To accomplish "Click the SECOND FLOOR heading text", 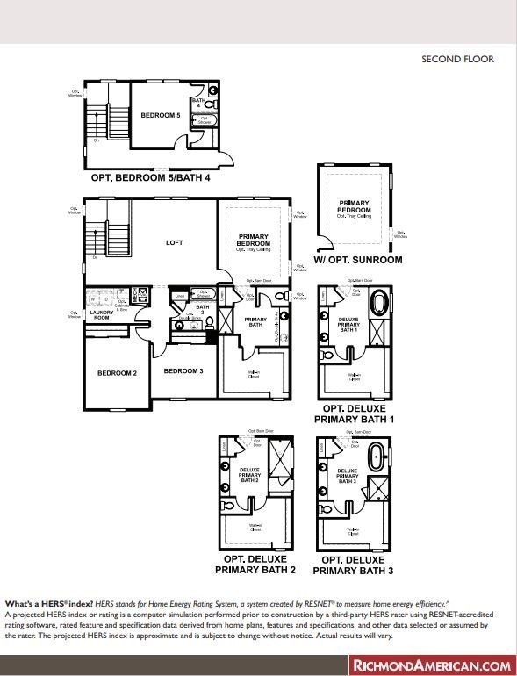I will coord(457,60).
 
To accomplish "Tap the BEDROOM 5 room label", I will coord(160,115).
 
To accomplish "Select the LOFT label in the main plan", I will coord(174,243).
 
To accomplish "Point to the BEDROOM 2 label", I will coord(117,373).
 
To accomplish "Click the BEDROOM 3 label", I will coord(183,371).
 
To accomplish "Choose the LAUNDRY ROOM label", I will coord(100,314).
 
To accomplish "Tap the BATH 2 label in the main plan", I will coord(203,310).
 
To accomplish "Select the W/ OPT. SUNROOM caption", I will coord(357,261).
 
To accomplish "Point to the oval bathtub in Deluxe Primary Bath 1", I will coord(379,305).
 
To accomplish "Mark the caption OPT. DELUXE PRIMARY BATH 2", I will coord(256,565).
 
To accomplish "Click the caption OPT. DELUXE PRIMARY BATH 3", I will coord(354,565).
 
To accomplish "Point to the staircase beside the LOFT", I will coord(117,230).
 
